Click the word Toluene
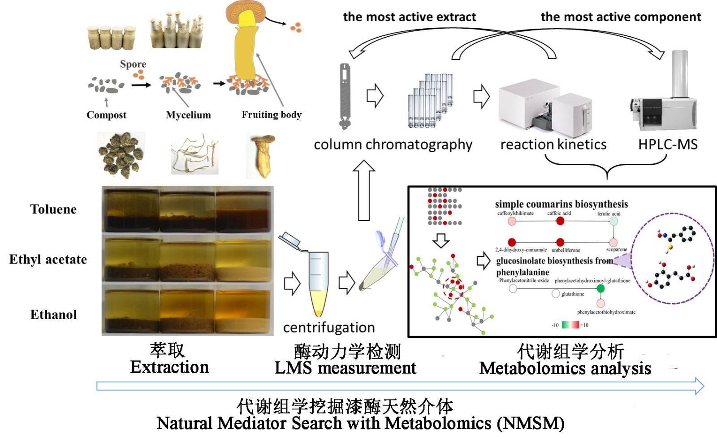click(x=53, y=209)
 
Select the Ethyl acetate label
click(x=48, y=260)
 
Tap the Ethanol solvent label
click(x=53, y=315)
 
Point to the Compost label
click(x=106, y=115)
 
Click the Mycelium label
click(x=188, y=115)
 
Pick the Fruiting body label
click(x=272, y=115)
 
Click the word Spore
click(x=133, y=64)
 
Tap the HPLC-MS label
click(x=668, y=145)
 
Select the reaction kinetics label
click(x=553, y=145)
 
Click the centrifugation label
click(x=329, y=328)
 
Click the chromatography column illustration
click(x=345, y=96)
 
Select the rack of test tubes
click(x=430, y=101)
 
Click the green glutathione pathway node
click(x=600, y=289)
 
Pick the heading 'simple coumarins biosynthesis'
click(x=561, y=204)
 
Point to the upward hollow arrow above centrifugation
click(x=364, y=190)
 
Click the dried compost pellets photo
click(x=121, y=154)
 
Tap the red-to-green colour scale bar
click(x=570, y=325)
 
